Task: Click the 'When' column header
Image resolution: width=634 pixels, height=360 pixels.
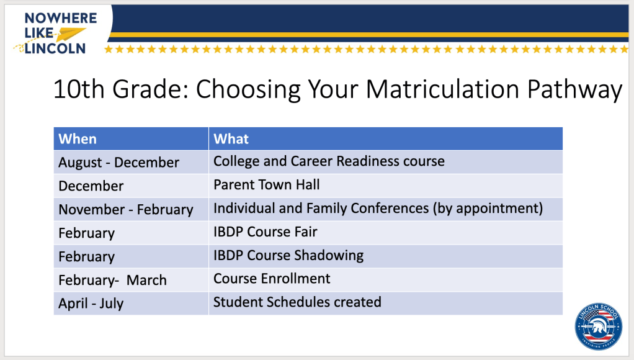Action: point(131,139)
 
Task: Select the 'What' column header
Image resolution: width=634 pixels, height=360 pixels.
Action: point(386,139)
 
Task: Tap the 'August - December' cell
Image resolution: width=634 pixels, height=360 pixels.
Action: point(131,162)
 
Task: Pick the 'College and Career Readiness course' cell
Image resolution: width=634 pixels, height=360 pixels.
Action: point(386,162)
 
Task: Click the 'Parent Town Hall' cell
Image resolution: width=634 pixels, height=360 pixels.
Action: point(386,186)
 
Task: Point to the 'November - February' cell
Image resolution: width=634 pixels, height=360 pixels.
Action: point(131,209)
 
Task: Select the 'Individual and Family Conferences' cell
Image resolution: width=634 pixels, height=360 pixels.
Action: point(386,209)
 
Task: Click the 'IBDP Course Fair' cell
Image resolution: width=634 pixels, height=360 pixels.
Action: point(386,233)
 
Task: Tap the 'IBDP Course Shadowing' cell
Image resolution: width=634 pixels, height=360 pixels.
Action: point(386,256)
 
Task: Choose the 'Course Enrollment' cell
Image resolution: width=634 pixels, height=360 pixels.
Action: point(386,279)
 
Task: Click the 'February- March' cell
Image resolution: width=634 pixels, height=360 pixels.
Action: point(131,279)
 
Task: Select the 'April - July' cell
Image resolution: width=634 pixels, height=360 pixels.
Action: point(131,303)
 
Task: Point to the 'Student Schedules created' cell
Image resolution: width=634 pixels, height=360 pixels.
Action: point(386,303)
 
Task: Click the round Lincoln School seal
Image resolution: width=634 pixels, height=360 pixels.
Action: point(599,327)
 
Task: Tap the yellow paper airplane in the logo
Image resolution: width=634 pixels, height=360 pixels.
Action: point(69,34)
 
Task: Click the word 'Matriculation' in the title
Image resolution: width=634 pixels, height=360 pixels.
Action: point(442,89)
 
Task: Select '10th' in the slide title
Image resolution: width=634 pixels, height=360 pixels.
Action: point(79,89)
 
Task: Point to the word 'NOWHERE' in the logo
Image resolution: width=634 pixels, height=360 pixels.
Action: point(61,18)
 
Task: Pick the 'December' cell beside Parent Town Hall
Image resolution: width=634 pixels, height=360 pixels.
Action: point(131,186)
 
